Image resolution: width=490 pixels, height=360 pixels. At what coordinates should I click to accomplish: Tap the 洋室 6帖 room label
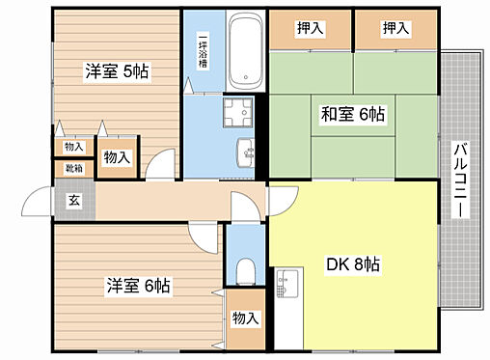tap(138, 286)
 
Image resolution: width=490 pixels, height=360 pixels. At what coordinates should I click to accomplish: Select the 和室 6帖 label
tap(352, 114)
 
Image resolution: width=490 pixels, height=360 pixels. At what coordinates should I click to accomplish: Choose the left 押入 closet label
tap(310, 28)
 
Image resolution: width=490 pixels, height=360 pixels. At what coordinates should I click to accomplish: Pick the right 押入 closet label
tap(395, 28)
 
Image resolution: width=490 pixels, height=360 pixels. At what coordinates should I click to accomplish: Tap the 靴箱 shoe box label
tap(73, 169)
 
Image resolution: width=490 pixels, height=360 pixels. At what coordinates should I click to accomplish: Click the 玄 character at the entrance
tap(73, 201)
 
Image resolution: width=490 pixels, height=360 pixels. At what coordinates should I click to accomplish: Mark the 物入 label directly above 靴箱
tap(73, 147)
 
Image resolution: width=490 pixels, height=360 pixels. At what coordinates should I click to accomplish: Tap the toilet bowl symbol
tap(245, 266)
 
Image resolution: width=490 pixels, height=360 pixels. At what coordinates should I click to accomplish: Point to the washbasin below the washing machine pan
tap(245, 152)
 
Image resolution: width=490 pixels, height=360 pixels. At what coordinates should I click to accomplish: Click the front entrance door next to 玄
tap(40, 201)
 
